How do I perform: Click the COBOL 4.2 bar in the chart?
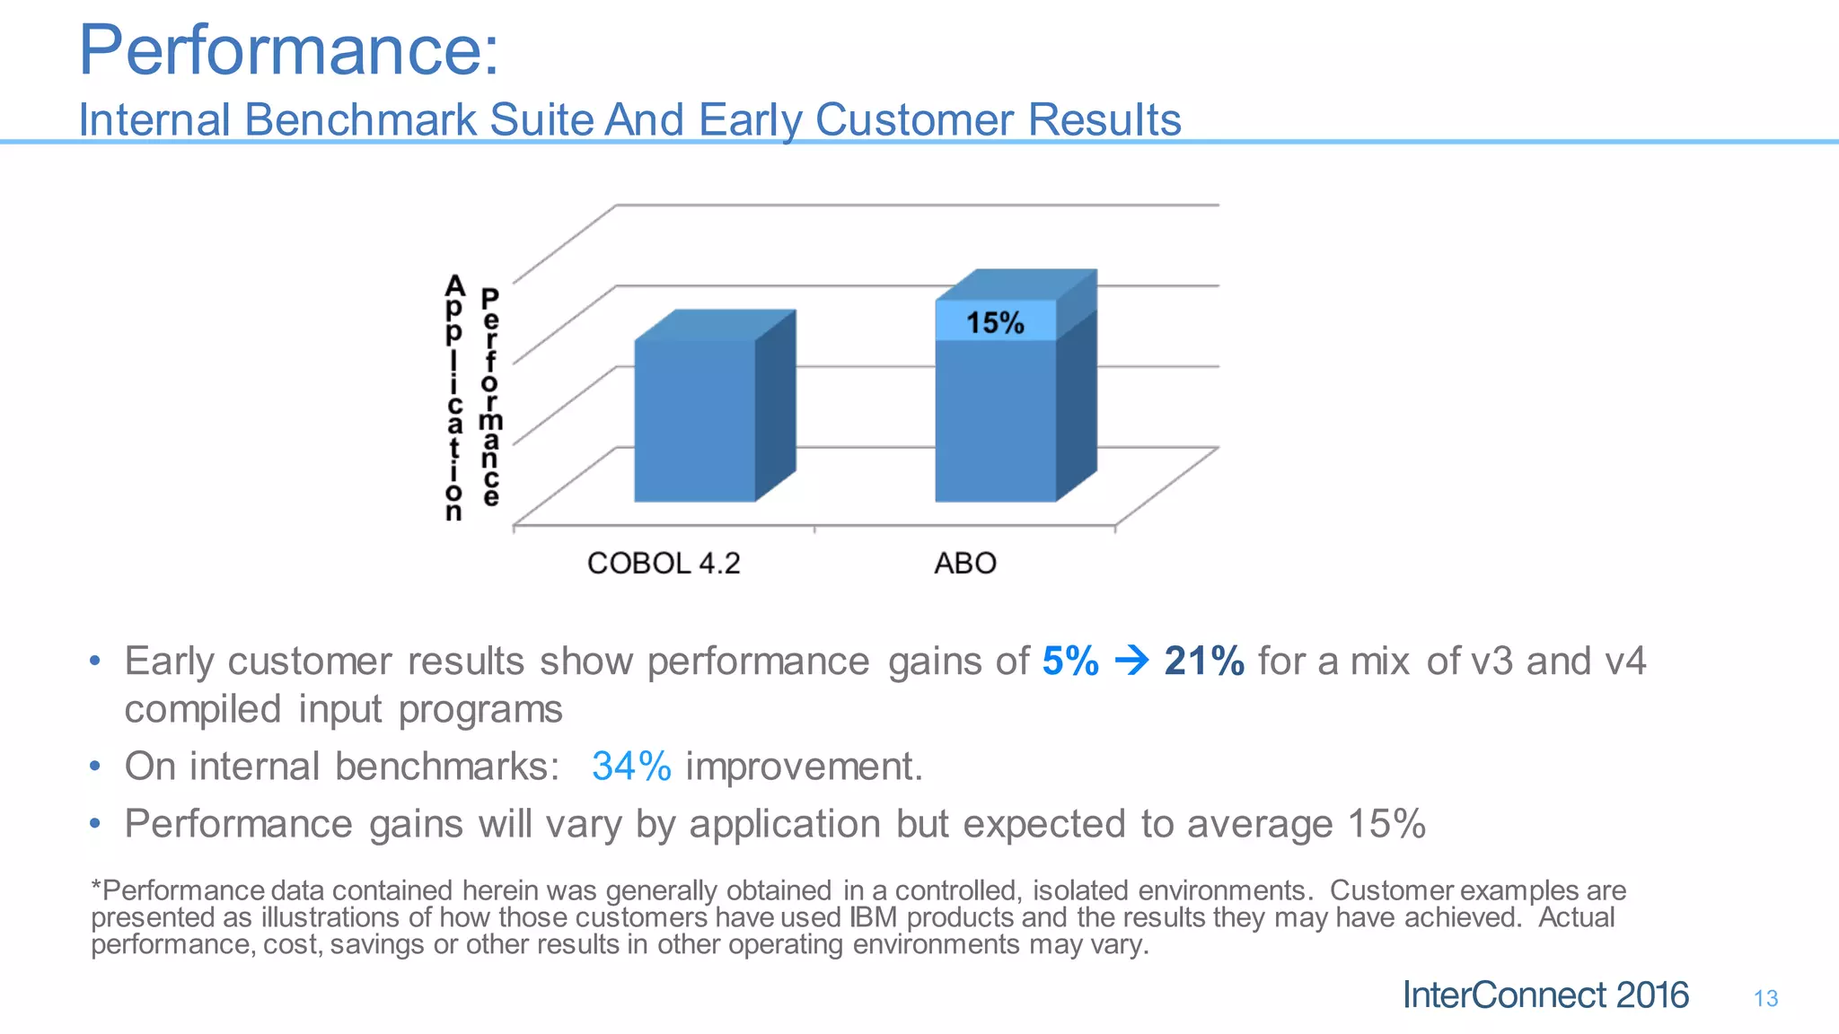[694, 420]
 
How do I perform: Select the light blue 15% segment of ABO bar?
[995, 322]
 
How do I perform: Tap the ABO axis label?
[965, 564]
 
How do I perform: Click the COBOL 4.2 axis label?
[664, 564]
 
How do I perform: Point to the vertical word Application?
[454, 399]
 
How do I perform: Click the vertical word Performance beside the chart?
[490, 399]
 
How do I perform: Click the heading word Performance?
[288, 50]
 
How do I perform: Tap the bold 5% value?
[1070, 662]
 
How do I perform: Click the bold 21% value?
[1204, 662]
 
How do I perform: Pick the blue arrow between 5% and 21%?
[1131, 662]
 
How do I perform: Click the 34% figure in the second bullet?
[631, 767]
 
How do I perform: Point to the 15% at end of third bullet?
[1386, 824]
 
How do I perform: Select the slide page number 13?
[1765, 999]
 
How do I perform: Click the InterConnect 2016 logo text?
[1545, 995]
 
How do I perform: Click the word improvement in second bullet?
[804, 767]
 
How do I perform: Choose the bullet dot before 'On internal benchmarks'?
[95, 767]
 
